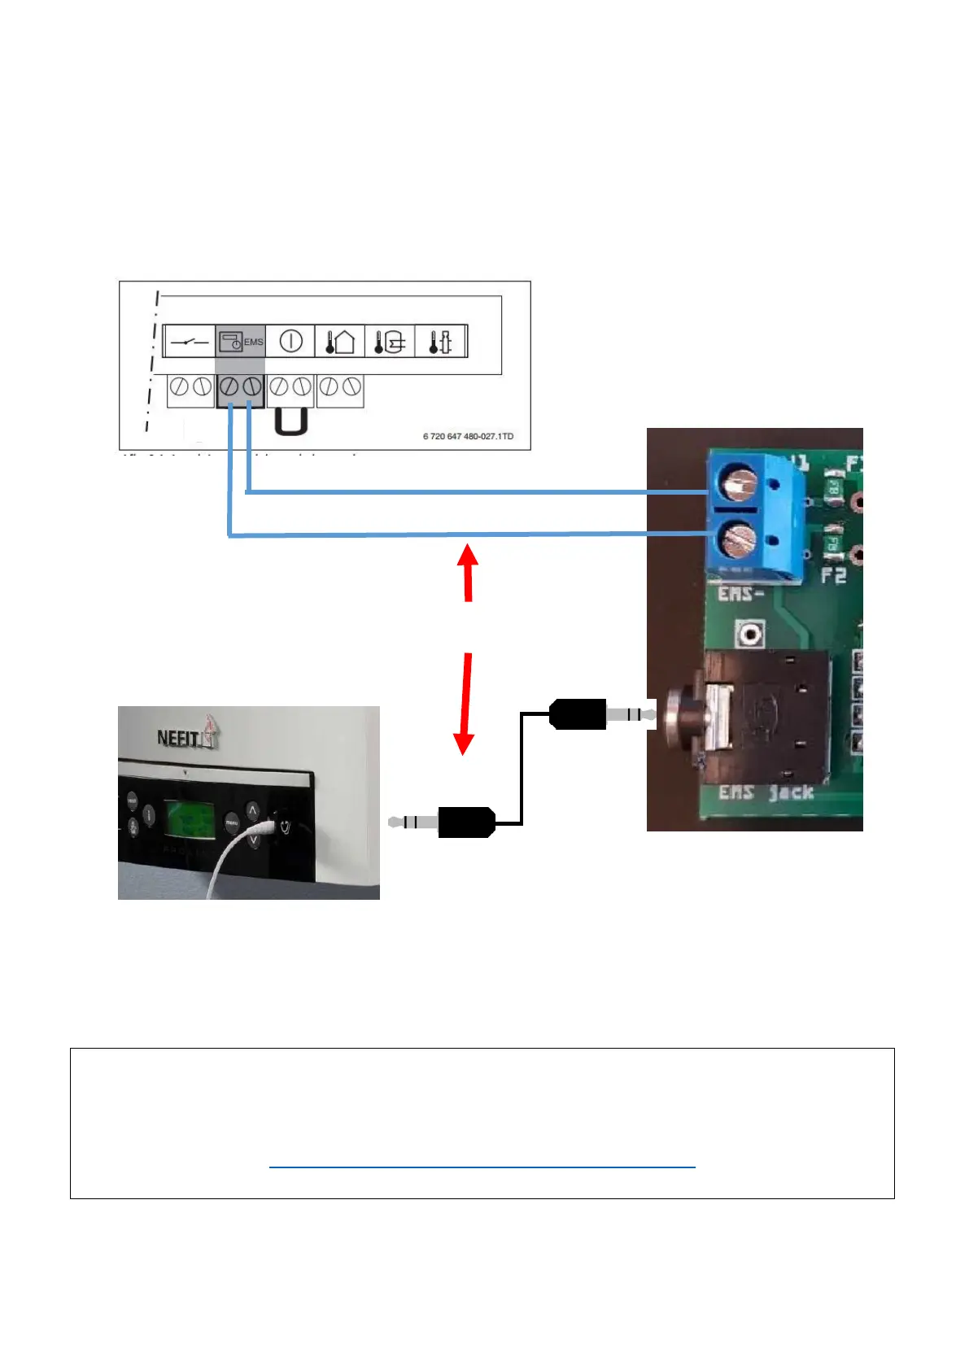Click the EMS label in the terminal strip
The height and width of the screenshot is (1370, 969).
(253, 342)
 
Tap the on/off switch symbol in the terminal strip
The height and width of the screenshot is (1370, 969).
(190, 342)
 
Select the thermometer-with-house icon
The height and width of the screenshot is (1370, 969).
(339, 341)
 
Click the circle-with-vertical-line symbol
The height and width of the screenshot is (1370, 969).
(290, 341)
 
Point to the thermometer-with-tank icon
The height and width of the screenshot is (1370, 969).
(389, 341)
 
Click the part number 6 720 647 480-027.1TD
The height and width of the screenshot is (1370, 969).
(468, 437)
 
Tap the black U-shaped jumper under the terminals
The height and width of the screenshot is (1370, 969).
(290, 421)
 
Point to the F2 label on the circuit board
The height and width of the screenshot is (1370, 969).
(833, 576)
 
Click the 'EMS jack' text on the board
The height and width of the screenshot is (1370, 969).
(766, 792)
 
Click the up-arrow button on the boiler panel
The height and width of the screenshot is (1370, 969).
(252, 810)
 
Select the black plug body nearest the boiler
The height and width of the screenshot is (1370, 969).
(466, 822)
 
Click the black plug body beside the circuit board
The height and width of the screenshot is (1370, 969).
(578, 714)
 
